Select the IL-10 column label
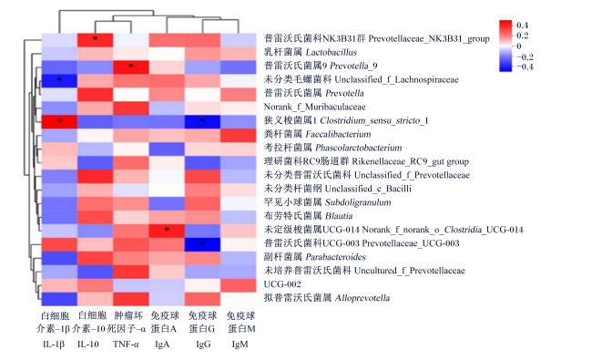[88, 345]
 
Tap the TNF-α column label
[126, 345]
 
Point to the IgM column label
[240, 345]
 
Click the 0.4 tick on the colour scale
[522, 26]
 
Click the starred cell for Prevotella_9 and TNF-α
[131, 67]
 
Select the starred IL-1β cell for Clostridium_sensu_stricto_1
[59, 121]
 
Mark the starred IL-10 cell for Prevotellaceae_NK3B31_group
[95, 39]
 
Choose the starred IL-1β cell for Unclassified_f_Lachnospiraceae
[59, 80]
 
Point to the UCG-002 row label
[282, 284]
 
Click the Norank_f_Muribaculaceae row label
[314, 107]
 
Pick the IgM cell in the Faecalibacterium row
[239, 135]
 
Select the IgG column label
[203, 345]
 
